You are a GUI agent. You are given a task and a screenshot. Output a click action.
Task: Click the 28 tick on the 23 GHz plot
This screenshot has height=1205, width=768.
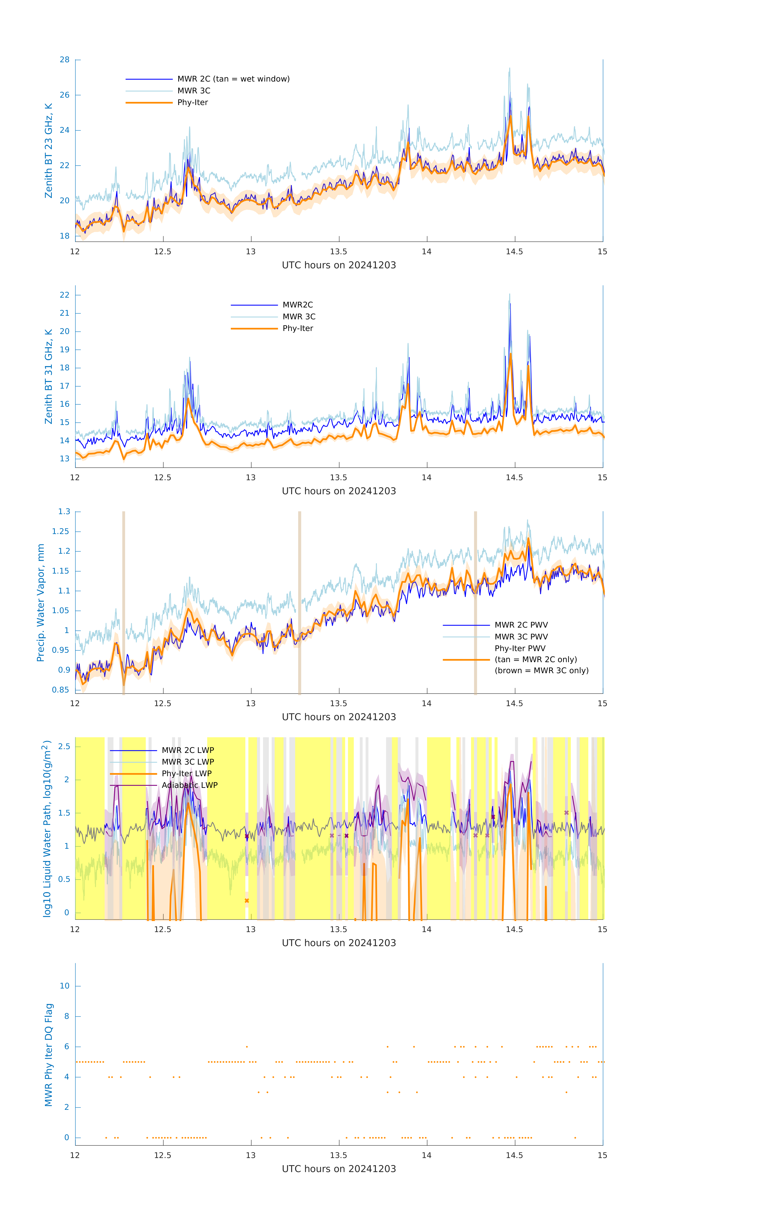pyautogui.click(x=64, y=60)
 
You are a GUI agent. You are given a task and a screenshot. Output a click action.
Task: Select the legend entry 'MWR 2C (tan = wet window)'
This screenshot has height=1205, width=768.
pyautogui.click(x=233, y=79)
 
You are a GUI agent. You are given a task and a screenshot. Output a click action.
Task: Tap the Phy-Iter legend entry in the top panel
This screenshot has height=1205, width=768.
pyautogui.click(x=193, y=103)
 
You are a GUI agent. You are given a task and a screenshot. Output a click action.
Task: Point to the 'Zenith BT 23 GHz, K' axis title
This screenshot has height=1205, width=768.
pyautogui.click(x=49, y=151)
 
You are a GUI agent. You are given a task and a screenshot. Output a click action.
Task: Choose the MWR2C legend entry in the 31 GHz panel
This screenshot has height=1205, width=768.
pyautogui.click(x=298, y=305)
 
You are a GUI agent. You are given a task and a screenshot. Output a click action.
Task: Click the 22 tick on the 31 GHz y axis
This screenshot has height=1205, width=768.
pyautogui.click(x=64, y=295)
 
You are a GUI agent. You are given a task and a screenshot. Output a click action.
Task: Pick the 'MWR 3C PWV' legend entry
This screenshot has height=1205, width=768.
pyautogui.click(x=521, y=636)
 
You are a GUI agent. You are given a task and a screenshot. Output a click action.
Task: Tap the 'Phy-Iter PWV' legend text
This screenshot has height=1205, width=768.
pyautogui.click(x=520, y=648)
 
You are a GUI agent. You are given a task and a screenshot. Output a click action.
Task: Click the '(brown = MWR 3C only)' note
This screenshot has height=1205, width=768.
pyautogui.click(x=541, y=671)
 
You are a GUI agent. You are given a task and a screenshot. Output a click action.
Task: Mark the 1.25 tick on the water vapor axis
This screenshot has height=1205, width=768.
pyautogui.click(x=61, y=531)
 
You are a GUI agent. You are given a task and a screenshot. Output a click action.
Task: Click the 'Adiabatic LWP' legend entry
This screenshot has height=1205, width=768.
pyautogui.click(x=190, y=785)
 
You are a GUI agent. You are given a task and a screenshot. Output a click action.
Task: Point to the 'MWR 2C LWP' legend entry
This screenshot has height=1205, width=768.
pyautogui.click(x=188, y=750)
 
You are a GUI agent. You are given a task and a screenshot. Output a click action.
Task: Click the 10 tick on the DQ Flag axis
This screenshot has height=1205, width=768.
pyautogui.click(x=64, y=986)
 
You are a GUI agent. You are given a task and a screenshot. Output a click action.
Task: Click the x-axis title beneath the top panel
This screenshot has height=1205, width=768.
pyautogui.click(x=339, y=265)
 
